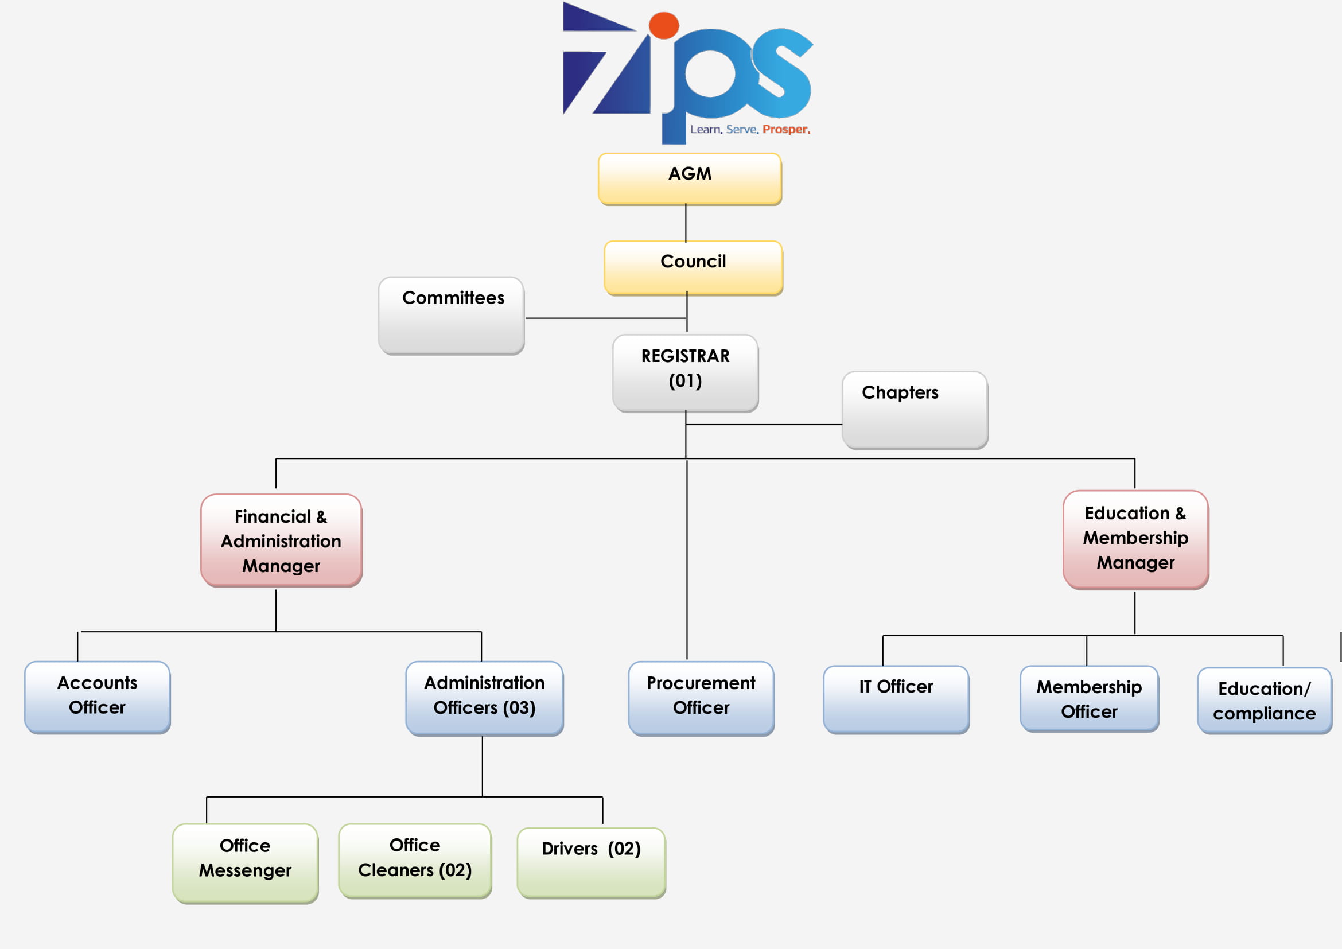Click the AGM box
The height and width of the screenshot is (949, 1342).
[x=690, y=179]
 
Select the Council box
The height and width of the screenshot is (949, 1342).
[x=693, y=267]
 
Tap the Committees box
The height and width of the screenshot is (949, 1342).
[x=451, y=316]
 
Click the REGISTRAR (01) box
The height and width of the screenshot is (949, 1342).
[x=686, y=373]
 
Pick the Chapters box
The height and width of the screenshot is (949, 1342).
[x=915, y=410]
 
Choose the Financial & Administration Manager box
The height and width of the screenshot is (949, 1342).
[x=281, y=540]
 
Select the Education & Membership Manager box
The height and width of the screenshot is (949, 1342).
[x=1135, y=539]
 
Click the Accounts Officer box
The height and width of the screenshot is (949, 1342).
[x=97, y=697]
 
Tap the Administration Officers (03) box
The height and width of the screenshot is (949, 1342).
[x=485, y=698]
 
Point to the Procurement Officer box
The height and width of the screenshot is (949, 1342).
[x=701, y=698]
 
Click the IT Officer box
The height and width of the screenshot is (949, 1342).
[x=896, y=699]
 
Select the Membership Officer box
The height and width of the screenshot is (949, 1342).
[x=1089, y=698]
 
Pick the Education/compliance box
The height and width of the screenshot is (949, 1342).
[x=1265, y=700]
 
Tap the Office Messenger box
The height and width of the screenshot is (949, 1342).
[x=245, y=862]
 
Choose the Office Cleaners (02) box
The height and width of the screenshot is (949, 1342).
[x=415, y=860]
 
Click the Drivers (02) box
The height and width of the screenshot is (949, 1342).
[x=591, y=862]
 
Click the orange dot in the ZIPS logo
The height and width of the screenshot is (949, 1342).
[x=663, y=25]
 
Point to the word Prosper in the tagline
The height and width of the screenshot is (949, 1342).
[x=785, y=129]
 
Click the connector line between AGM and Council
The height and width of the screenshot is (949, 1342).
[x=686, y=223]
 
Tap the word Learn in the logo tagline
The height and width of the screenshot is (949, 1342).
[x=706, y=129]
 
